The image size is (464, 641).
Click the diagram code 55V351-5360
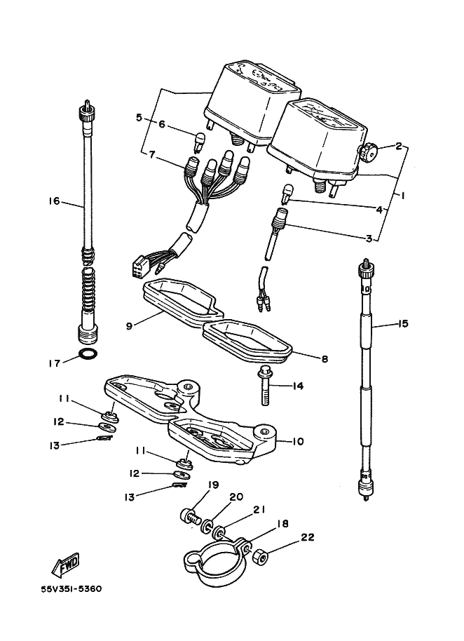pos(71,589)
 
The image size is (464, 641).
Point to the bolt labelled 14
pos(264,386)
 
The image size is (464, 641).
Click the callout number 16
pos(54,201)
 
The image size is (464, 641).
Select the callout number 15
pos(403,324)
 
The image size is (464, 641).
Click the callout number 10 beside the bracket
pos(298,442)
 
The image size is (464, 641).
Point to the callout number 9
pos(129,327)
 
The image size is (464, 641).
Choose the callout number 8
pos(325,359)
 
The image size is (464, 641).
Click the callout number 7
pos(152,154)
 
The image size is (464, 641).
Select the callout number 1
pos(403,196)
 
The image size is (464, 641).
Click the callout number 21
pos(260,509)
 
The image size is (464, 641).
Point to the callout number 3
pos(369,238)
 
